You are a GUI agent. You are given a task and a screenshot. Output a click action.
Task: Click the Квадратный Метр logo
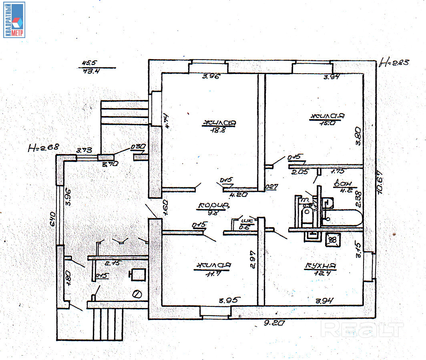coord(14,20)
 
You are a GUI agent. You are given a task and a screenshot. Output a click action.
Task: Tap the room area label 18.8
coord(219,130)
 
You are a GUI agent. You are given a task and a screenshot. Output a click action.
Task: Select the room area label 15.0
coord(327,124)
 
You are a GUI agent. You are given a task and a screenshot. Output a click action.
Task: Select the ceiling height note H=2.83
coord(394,62)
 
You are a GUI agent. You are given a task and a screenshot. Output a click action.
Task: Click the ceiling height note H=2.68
coord(43,148)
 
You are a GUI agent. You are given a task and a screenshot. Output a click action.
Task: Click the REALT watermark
coord(363,329)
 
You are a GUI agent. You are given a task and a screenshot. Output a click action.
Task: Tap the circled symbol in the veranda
coord(137,295)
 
